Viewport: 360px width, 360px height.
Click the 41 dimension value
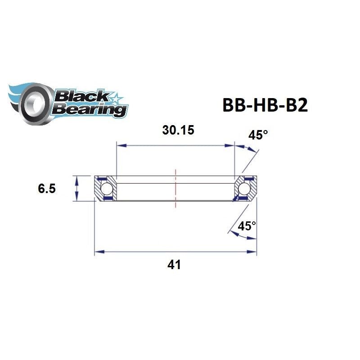(174, 265)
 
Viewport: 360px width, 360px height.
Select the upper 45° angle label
(258, 135)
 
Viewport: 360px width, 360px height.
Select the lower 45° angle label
(247, 226)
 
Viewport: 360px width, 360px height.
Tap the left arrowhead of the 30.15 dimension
(120, 145)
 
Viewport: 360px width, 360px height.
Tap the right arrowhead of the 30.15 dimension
(231, 145)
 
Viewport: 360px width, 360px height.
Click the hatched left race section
(111, 189)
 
